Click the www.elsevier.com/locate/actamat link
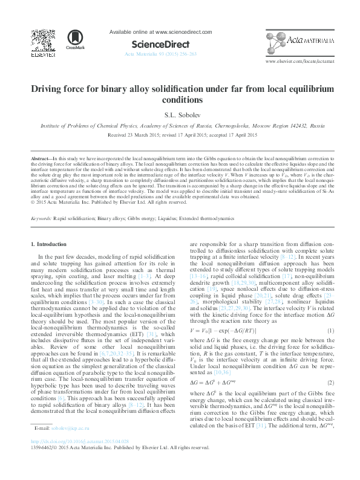coord(298,62)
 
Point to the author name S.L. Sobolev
coord(180,114)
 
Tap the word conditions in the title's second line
coord(180,100)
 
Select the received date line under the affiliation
coord(180,135)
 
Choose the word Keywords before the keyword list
coord(41,200)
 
